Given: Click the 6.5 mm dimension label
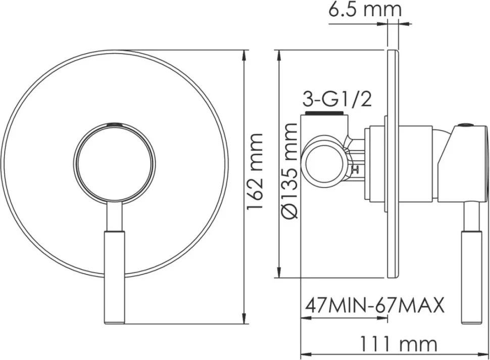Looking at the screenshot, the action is pyautogui.click(x=364, y=10).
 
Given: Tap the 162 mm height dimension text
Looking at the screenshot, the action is pyautogui.click(x=255, y=172).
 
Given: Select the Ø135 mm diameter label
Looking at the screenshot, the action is pyautogui.click(x=289, y=171).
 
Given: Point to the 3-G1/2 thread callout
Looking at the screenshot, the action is pyautogui.click(x=337, y=100).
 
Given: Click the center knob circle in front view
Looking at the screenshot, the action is pyautogui.click(x=116, y=163).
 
